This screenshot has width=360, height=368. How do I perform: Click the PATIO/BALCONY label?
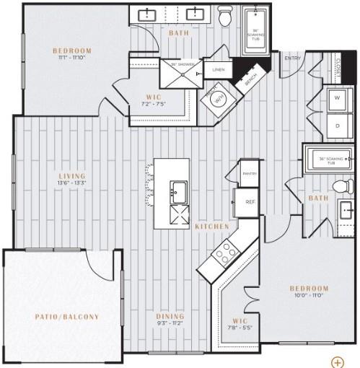67,317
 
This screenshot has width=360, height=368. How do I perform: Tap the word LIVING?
72,176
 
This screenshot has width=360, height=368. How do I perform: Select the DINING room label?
170,316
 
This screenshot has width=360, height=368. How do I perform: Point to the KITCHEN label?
211,227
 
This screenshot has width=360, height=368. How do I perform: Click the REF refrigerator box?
249,202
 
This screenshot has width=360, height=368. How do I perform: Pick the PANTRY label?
250,173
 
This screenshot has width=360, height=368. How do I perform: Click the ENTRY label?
292,58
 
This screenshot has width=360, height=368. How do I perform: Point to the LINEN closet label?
217,70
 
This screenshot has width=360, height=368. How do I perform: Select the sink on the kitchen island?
177,191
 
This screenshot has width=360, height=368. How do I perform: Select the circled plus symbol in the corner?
337,362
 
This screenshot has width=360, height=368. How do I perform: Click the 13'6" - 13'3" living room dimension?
72,184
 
